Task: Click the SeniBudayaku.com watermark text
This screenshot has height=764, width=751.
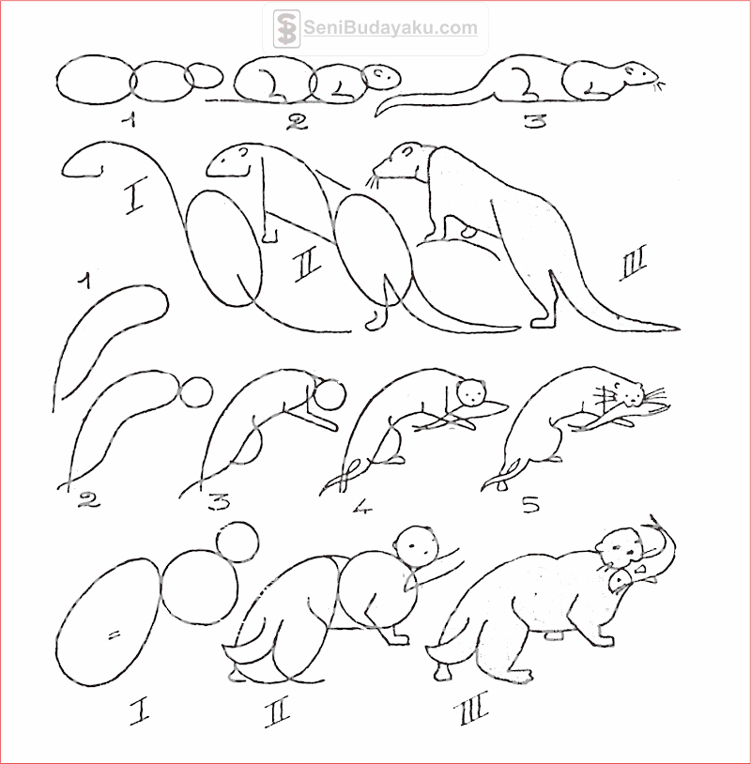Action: [391, 28]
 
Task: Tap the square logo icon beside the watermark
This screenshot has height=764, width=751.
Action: [286, 28]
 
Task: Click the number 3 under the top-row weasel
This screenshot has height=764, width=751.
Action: [535, 120]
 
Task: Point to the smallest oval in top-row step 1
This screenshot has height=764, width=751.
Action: [204, 76]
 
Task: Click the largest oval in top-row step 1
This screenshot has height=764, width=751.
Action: [96, 80]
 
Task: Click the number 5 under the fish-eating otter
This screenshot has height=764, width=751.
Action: [531, 504]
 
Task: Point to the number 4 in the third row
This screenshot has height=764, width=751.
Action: [362, 506]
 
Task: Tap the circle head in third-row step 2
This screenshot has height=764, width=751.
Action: [196, 391]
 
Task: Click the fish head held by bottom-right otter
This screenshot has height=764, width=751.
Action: [620, 580]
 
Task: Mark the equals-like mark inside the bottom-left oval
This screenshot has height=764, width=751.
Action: [114, 634]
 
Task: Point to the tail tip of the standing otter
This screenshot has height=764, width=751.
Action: [678, 329]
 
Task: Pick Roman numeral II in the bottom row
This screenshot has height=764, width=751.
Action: [278, 711]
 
